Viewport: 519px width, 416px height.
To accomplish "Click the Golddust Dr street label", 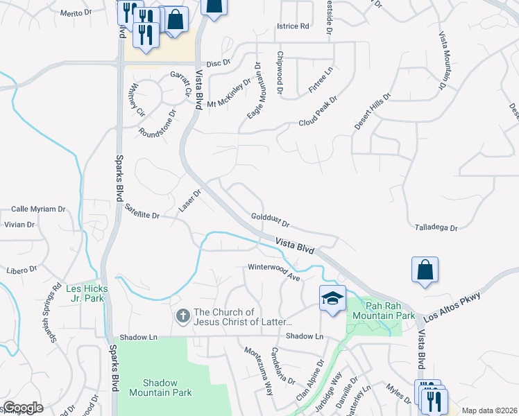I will point(269,221).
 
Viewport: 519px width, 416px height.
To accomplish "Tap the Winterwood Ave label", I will point(273,272).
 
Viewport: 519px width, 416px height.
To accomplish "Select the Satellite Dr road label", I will point(142,211).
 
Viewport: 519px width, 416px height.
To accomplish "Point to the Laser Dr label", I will point(189,200).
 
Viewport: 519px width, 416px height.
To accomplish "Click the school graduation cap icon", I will point(332,298).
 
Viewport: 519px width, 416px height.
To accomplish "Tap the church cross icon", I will point(183,316).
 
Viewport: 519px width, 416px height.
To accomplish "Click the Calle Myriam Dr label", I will point(38,209).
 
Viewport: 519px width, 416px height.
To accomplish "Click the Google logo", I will point(23,408).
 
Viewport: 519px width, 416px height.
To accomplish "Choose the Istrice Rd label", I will point(292,26).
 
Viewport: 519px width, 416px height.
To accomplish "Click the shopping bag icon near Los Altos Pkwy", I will point(424,270).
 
